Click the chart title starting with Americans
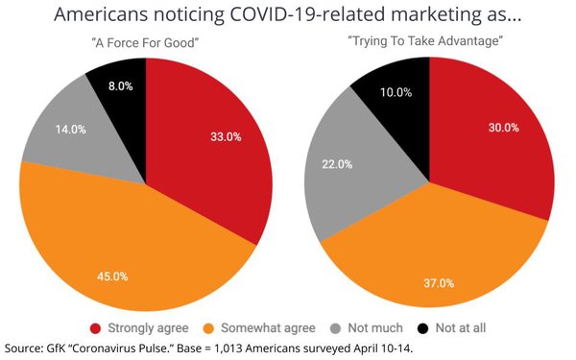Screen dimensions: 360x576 288,16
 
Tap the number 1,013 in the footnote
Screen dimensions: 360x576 252,348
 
